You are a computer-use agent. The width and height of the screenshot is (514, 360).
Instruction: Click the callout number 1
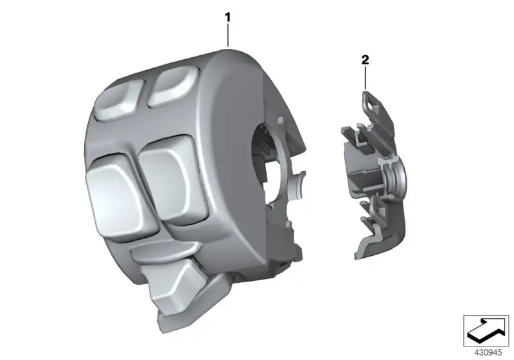(x=228, y=17)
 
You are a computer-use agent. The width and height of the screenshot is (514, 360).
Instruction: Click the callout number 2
(x=365, y=60)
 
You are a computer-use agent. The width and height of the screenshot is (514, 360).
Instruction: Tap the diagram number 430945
(x=488, y=353)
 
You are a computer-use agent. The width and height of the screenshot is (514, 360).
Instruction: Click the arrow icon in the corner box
(x=486, y=330)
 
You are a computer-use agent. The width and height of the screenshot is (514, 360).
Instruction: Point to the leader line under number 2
(x=365, y=77)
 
